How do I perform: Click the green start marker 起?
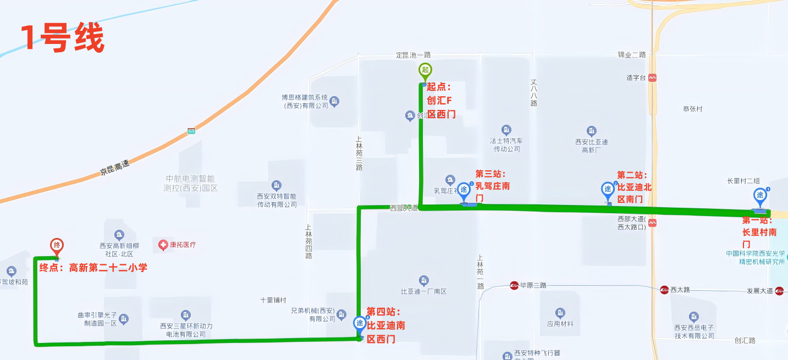click(425, 70)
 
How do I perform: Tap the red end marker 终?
click(56, 245)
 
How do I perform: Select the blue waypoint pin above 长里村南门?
click(760, 195)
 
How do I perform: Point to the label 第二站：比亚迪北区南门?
click(634, 187)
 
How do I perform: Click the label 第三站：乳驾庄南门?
click(492, 186)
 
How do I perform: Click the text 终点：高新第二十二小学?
click(93, 268)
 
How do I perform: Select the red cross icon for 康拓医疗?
click(163, 245)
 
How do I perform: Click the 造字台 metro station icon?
click(652, 78)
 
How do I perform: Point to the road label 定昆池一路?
click(414, 55)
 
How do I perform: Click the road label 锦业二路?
click(631, 55)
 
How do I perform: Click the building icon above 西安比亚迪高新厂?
click(592, 131)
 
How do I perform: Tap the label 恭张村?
click(692, 109)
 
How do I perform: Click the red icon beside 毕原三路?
click(514, 285)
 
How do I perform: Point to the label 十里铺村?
click(273, 300)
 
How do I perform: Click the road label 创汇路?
click(745, 340)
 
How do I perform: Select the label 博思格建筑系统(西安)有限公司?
click(305, 101)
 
